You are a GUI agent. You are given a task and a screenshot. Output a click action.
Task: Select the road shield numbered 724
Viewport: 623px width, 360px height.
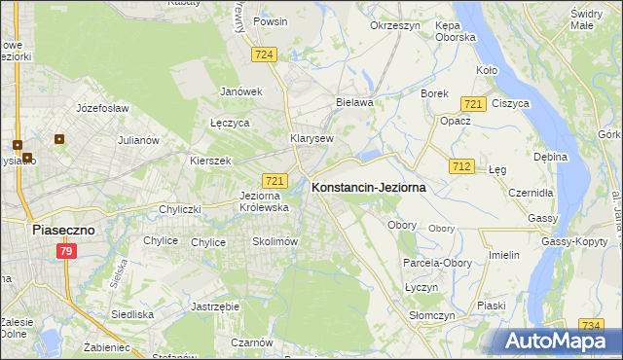pyautogui.click(x=263, y=55)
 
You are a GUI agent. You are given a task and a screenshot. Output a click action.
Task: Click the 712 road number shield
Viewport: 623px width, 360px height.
pyautogui.click(x=461, y=167)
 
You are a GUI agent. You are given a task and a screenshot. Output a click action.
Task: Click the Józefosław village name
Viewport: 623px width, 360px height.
pyautogui.click(x=102, y=108)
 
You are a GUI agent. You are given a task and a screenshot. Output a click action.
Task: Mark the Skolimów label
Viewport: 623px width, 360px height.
pyautogui.click(x=274, y=241)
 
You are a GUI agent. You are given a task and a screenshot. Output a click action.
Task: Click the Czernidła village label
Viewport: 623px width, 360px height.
pyautogui.click(x=530, y=193)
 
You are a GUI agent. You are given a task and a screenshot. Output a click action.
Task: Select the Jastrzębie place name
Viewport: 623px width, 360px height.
pyautogui.click(x=216, y=306)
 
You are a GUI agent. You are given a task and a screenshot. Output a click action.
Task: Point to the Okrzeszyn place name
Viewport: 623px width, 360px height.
pyautogui.click(x=394, y=25)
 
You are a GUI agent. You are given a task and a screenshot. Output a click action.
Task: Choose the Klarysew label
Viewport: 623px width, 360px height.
pyautogui.click(x=311, y=138)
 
